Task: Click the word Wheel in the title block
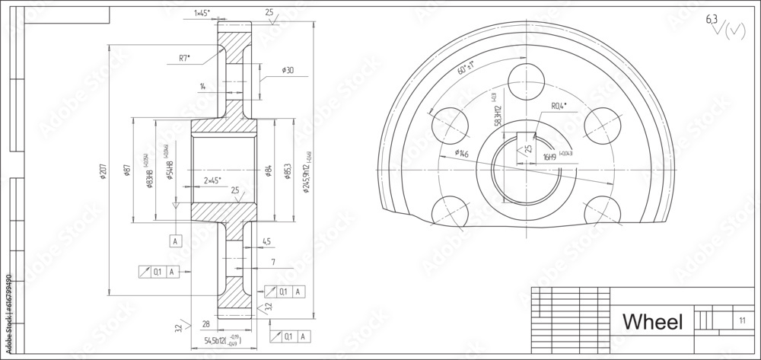pyautogui.click(x=652, y=322)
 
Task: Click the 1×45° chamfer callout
pyautogui.click(x=202, y=13)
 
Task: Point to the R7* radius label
pyautogui.click(x=184, y=58)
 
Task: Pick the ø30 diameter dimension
pyautogui.click(x=288, y=70)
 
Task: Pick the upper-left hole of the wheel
pyautogui.click(x=448, y=120)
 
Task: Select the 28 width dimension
pyautogui.click(x=205, y=324)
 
